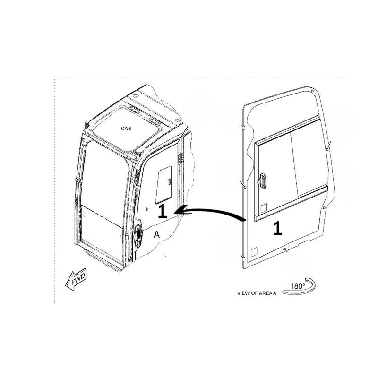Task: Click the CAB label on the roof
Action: [x=126, y=129]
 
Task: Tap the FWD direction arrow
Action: [x=76, y=279]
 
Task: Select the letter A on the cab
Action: [x=157, y=234]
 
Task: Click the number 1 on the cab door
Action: [x=162, y=211]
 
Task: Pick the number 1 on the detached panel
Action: [x=277, y=228]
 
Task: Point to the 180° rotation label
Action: [x=298, y=286]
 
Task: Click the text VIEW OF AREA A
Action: [x=257, y=293]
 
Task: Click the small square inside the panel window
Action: [x=264, y=208]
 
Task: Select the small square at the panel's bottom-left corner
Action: [x=254, y=252]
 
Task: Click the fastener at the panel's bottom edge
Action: [x=285, y=249]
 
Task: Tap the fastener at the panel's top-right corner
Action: [x=312, y=91]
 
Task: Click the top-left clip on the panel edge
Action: [x=243, y=127]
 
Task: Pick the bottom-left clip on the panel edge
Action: [x=243, y=258]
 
